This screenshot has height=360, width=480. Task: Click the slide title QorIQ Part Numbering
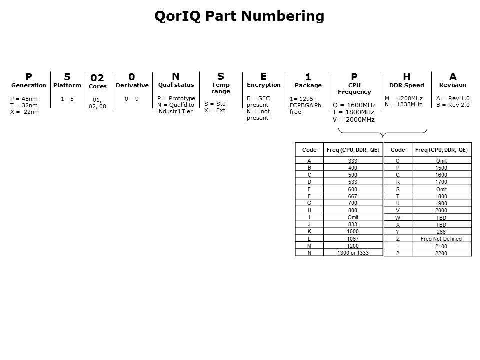[239, 16]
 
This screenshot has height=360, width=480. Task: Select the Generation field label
[29, 85]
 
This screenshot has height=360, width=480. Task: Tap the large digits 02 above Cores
[97, 78]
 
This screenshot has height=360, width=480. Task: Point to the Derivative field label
[132, 85]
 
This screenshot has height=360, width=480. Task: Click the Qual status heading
[176, 85]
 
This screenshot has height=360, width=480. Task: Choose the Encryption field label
[264, 85]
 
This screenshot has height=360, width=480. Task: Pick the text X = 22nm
[25, 112]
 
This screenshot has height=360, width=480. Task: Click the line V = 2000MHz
[354, 119]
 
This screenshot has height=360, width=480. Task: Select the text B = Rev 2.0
[453, 105]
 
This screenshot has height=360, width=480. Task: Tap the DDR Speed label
[407, 85]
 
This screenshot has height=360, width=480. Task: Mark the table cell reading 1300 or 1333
[353, 253]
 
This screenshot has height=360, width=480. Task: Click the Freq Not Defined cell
[441, 239]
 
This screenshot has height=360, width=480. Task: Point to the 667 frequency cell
[353, 196]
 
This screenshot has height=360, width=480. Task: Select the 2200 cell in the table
[441, 253]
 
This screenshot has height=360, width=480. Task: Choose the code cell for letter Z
[398, 239]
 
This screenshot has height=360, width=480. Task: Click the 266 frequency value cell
[441, 231]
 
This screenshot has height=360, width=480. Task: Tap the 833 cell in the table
[353, 224]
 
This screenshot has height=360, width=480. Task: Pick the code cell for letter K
[309, 231]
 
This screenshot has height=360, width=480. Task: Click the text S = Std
[215, 104]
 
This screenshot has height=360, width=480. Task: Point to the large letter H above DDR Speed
[407, 77]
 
